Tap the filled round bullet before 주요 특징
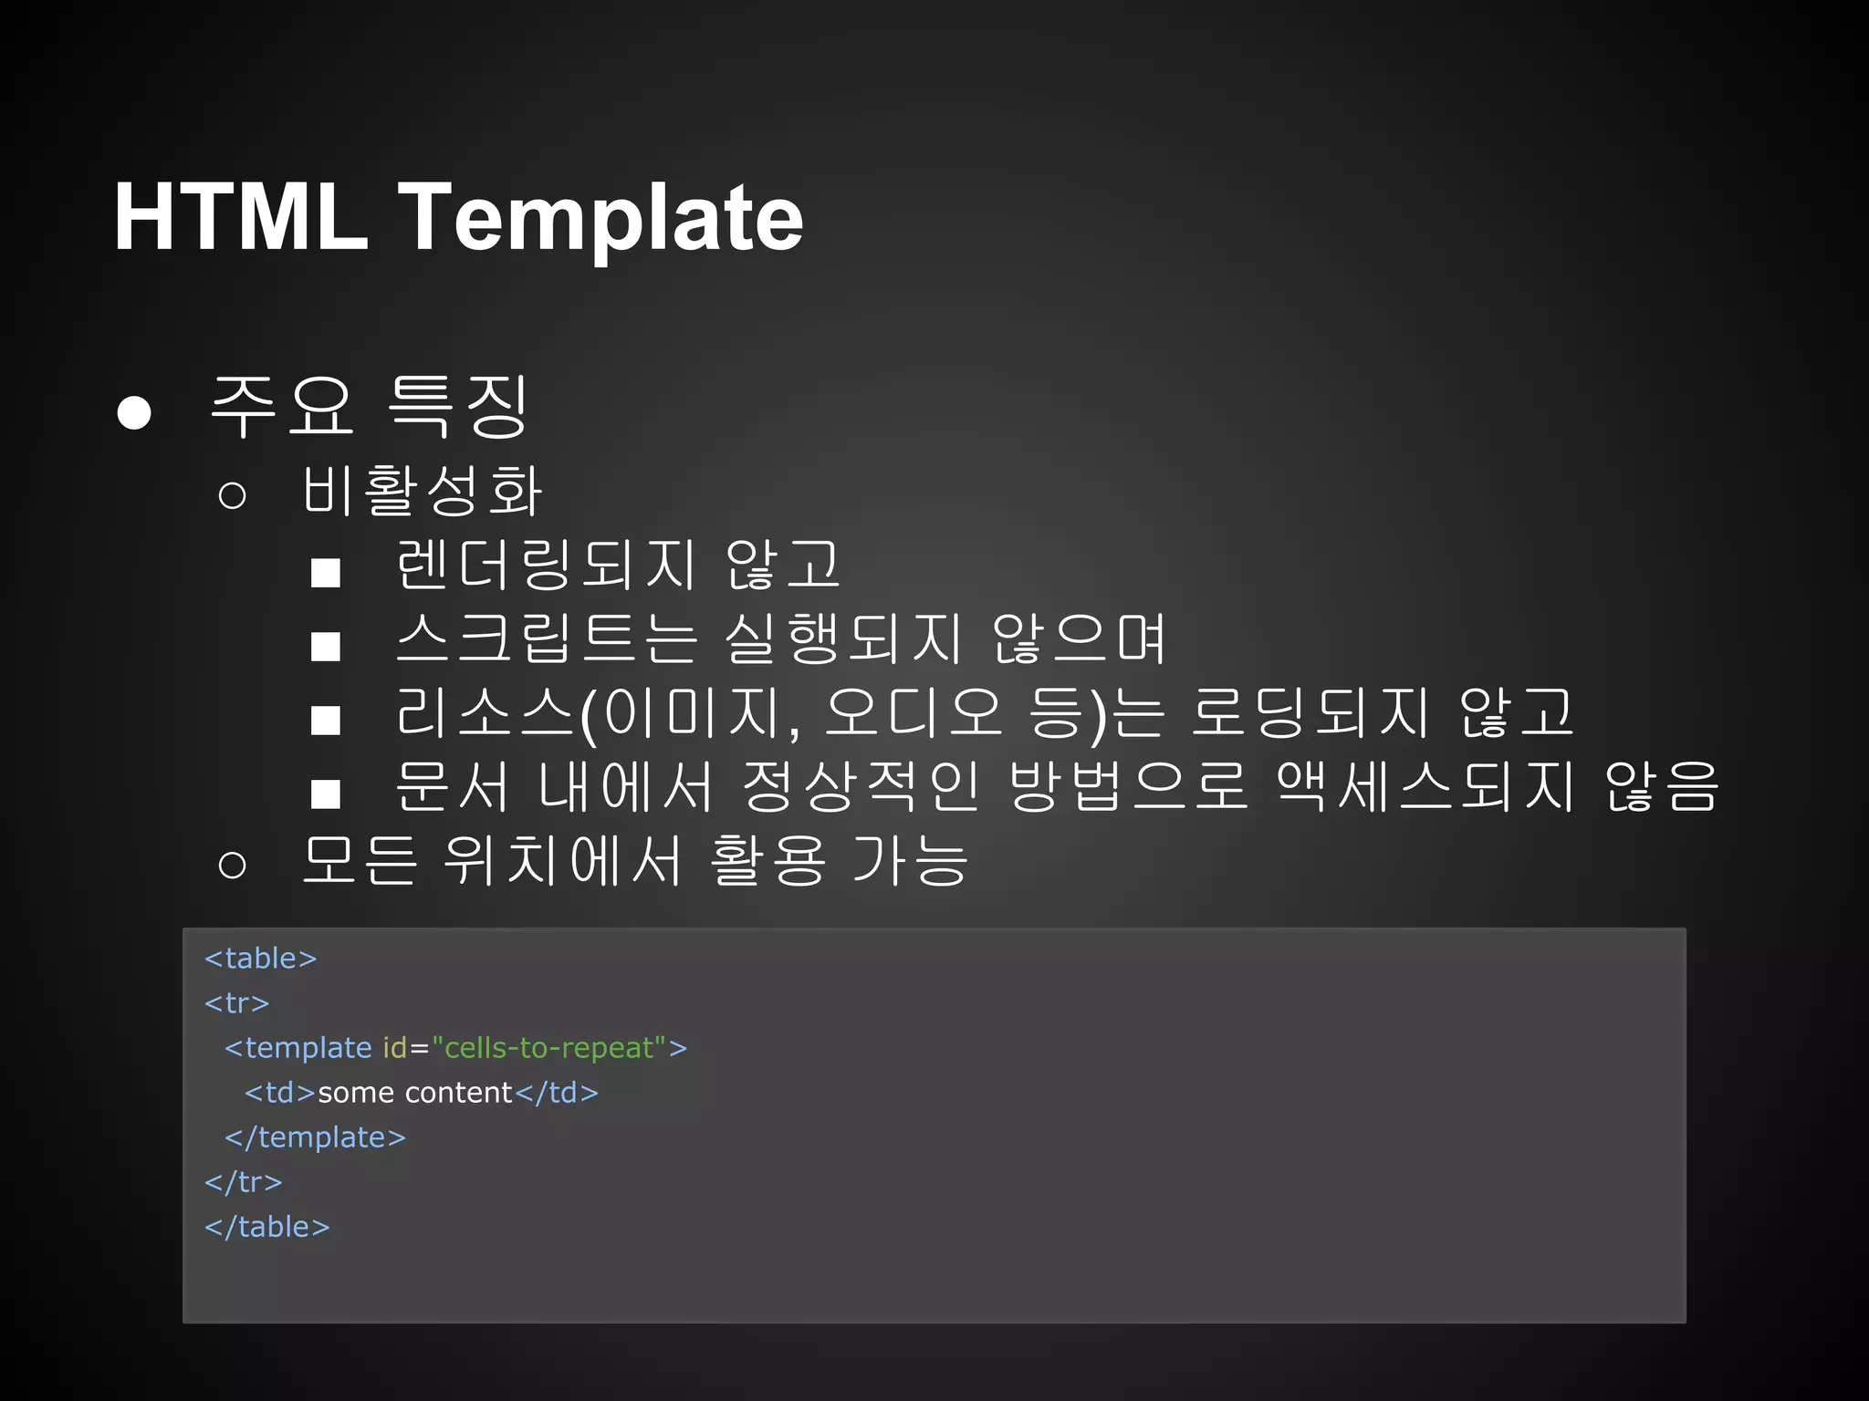click(x=134, y=412)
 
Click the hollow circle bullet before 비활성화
click(x=232, y=495)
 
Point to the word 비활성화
click(x=423, y=491)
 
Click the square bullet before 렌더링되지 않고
click(x=326, y=573)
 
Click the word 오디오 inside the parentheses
click(x=913, y=712)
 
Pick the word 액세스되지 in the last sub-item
click(x=1425, y=786)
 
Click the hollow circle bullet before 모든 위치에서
click(x=232, y=864)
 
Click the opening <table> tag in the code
click(x=260, y=959)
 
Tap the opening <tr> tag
click(x=236, y=1003)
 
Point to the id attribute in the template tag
click(x=394, y=1048)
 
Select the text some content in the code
click(x=415, y=1093)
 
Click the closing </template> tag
click(x=315, y=1137)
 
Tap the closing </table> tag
click(x=266, y=1227)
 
